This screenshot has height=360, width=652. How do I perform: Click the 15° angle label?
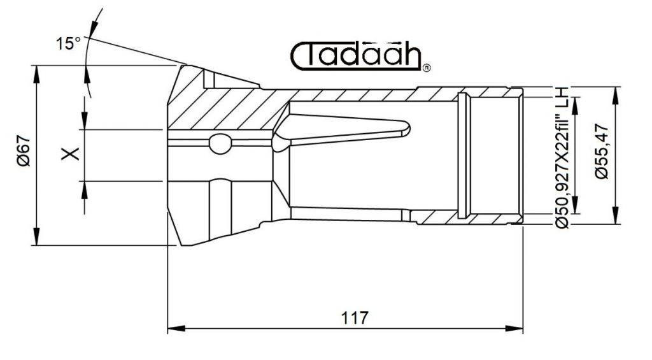[x=68, y=43]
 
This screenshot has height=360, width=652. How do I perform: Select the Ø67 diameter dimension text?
[x=24, y=150]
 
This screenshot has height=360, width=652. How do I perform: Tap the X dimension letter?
[x=70, y=154]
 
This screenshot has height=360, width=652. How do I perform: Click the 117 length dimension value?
[x=355, y=318]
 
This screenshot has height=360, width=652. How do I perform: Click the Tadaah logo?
[x=356, y=56]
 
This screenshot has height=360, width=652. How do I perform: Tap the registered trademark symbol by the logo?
[x=426, y=68]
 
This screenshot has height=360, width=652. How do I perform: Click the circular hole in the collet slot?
[x=220, y=143]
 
